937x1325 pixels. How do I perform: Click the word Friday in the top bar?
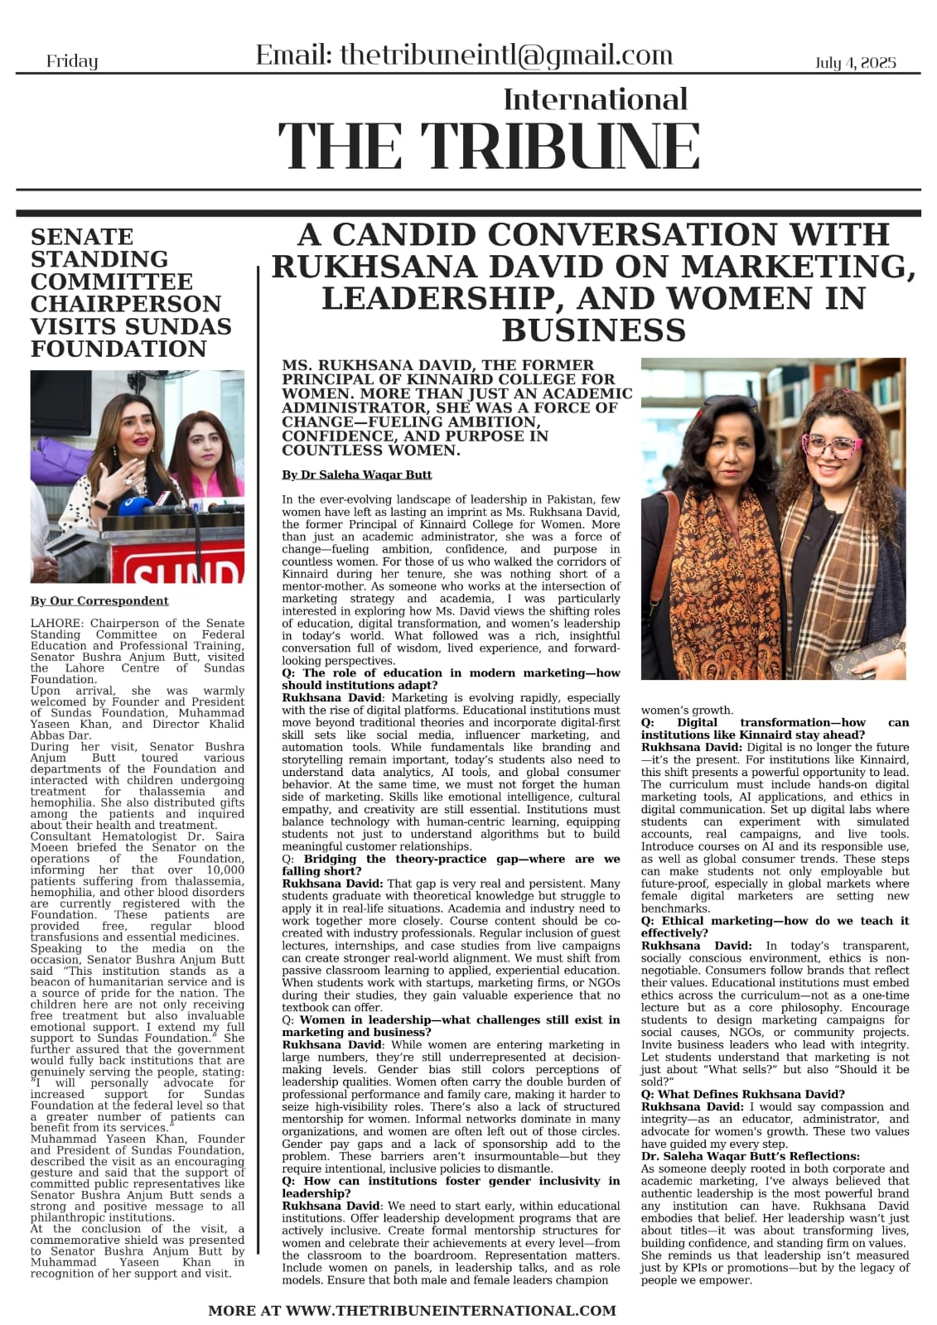point(72,61)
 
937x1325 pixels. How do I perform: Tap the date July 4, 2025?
point(855,63)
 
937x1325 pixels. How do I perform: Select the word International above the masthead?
point(595,99)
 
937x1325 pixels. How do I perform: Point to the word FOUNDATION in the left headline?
point(118,349)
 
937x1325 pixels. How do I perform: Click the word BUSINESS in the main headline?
point(593,330)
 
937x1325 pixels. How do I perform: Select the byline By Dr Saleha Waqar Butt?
point(356,475)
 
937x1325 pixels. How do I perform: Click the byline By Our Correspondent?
point(99,601)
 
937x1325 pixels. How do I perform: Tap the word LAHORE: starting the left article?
point(57,624)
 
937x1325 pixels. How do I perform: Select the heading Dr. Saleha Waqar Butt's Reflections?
point(751,1156)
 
